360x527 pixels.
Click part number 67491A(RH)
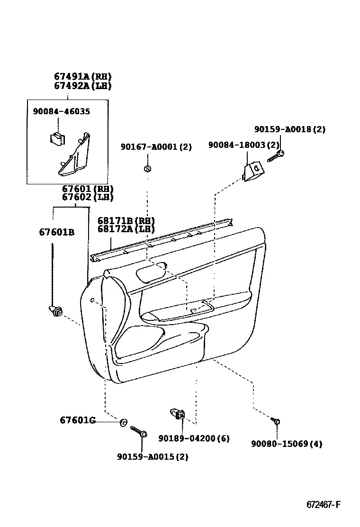tap(82, 77)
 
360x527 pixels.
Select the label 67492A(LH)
tap(82, 86)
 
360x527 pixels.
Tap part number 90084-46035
tap(61, 111)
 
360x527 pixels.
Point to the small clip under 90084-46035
tap(57, 138)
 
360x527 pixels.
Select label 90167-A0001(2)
tap(156, 147)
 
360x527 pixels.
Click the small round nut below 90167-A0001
tap(147, 168)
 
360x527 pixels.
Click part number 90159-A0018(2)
tap(289, 129)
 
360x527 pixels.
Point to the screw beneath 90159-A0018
tap(275, 156)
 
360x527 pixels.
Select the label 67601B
tap(56, 232)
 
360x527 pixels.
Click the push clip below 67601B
tap(56, 312)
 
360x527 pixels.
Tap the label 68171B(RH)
tap(126, 221)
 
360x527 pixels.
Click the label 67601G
tap(78, 420)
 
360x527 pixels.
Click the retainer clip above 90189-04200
tap(178, 414)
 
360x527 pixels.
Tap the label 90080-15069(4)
tap(287, 444)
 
